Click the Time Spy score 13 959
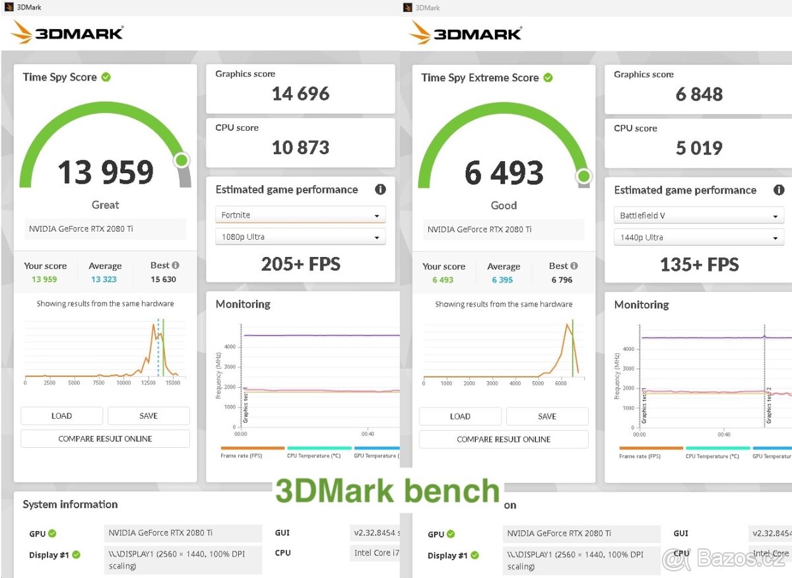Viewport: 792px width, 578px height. click(x=106, y=172)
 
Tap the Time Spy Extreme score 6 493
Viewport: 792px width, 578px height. click(x=504, y=173)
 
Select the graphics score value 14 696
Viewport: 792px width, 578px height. click(x=300, y=94)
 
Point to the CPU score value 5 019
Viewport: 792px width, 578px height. click(x=699, y=148)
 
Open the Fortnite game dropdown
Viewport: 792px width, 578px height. click(x=300, y=215)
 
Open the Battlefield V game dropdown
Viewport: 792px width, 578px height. click(x=699, y=216)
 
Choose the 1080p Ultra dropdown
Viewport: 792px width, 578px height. click(x=300, y=237)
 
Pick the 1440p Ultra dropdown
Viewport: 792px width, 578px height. click(x=699, y=238)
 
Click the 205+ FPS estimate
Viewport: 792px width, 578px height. click(x=300, y=264)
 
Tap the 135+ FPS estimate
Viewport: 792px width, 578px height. click(x=699, y=265)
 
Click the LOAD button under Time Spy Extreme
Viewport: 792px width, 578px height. click(x=460, y=416)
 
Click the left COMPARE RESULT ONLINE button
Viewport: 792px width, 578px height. click(x=105, y=439)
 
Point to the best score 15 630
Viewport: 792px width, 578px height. click(x=163, y=279)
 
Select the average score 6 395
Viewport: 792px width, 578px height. click(x=502, y=280)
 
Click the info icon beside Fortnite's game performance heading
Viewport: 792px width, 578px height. click(x=380, y=190)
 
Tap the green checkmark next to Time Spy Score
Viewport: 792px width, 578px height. click(x=106, y=77)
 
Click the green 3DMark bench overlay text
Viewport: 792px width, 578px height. click(x=387, y=491)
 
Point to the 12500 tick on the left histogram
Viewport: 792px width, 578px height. click(x=148, y=382)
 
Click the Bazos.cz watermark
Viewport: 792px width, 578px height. click(x=726, y=560)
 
